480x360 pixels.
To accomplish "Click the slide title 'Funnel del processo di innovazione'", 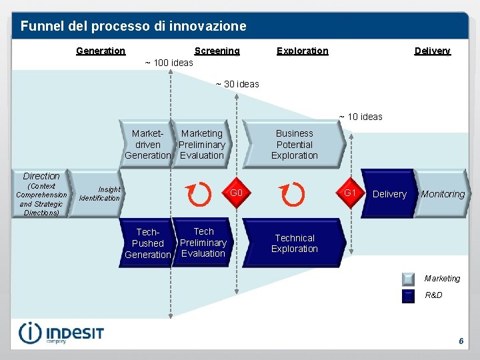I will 133,27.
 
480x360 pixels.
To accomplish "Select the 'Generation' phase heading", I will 101,51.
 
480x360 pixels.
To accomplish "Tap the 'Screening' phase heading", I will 217,51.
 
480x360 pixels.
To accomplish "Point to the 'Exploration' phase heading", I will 302,51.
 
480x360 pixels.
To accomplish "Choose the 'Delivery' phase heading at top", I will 432,51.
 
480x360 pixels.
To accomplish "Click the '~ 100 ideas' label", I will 169,63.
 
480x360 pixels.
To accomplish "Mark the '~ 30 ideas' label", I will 237,84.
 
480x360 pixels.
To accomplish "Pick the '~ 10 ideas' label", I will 361,117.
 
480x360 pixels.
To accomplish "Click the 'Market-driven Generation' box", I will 147,145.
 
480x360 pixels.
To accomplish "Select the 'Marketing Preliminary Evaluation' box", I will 202,145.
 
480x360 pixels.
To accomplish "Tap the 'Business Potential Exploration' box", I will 295,145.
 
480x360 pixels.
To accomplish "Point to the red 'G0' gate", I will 235,193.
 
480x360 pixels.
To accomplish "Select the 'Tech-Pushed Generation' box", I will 147,243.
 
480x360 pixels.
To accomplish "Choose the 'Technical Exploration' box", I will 295,243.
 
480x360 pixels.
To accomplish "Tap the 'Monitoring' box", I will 442,194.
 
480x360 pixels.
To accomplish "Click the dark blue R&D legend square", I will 409,295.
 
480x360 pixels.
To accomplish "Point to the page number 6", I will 461,341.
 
